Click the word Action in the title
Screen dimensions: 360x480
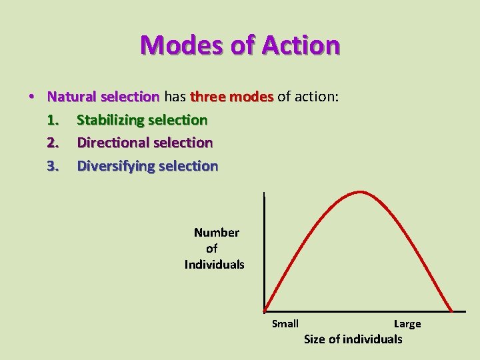pos(301,45)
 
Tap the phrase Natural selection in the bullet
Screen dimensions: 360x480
pos(103,97)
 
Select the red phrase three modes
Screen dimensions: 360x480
pos(232,97)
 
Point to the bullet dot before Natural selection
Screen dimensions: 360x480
pos(32,97)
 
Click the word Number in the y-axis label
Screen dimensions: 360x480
pos(217,233)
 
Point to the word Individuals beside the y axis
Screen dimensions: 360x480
pos(215,265)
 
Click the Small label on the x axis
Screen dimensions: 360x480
pos(285,324)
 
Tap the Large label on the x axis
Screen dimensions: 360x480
pos(407,324)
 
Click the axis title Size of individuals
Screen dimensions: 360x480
pos(353,339)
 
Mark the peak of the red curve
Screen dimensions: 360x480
pos(361,192)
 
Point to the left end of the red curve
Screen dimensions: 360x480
pos(265,311)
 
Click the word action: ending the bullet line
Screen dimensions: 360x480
pos(318,97)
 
